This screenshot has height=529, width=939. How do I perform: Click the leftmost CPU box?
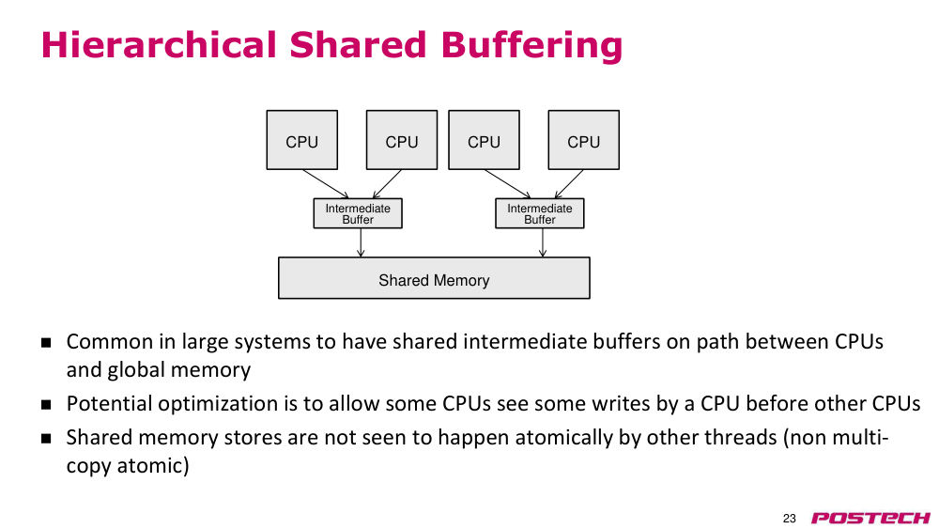point(301,140)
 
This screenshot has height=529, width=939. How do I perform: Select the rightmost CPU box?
point(584,140)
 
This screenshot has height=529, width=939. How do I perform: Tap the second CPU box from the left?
point(402,140)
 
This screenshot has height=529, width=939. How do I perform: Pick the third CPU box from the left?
point(484,140)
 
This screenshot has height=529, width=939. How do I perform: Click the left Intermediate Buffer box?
point(358,213)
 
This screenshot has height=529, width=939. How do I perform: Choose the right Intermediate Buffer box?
point(540,213)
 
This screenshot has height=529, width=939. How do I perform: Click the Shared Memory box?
point(434,278)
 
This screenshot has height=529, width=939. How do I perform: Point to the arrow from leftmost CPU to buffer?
point(325,184)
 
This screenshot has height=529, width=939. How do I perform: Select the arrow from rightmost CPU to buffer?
point(569,184)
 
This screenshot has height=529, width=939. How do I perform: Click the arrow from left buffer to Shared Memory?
point(361,242)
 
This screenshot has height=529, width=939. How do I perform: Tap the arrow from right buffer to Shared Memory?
point(543,242)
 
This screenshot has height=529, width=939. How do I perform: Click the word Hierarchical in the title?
point(159,45)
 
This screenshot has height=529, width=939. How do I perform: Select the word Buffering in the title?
point(531,46)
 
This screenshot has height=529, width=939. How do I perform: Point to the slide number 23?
point(790,519)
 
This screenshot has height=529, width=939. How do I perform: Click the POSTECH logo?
point(870,519)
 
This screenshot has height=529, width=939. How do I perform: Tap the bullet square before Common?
point(46,343)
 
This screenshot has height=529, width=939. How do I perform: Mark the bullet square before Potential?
point(46,405)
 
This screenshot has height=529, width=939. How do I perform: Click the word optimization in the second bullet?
point(220,404)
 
